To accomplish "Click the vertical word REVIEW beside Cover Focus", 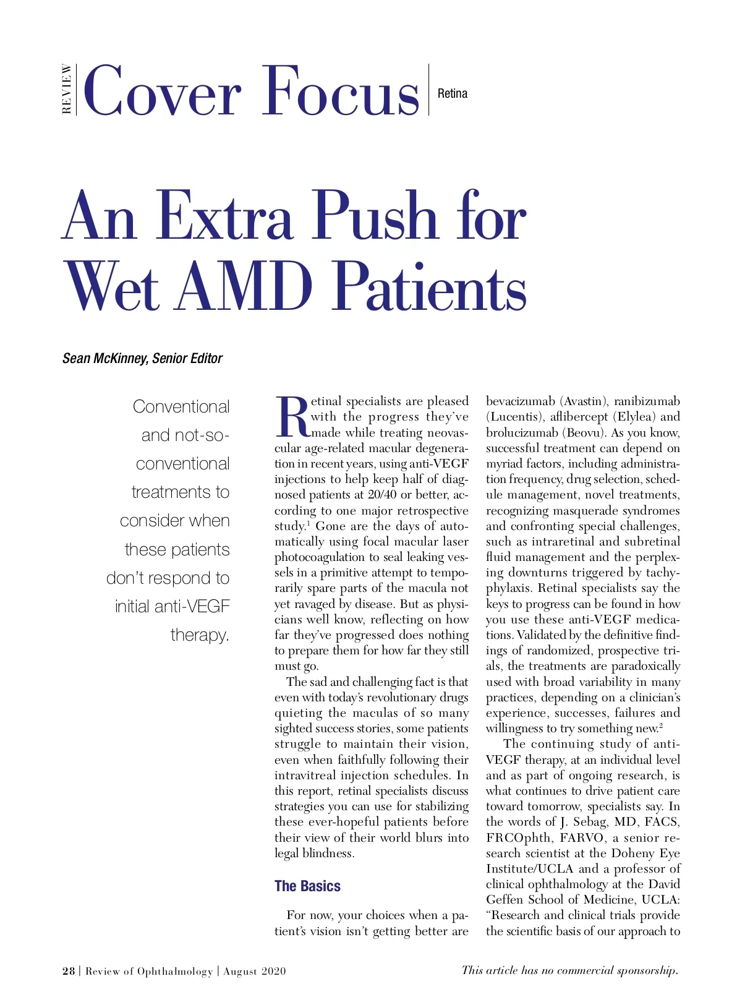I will [x=67, y=90].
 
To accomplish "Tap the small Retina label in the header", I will [x=452, y=93].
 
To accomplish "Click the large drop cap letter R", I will [x=291, y=416].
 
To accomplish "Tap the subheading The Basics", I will [x=307, y=886].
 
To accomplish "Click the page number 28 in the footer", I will [x=69, y=971].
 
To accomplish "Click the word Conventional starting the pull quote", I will [x=181, y=406].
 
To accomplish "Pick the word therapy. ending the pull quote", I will [x=200, y=635].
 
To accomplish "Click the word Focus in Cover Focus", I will [x=341, y=92].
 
